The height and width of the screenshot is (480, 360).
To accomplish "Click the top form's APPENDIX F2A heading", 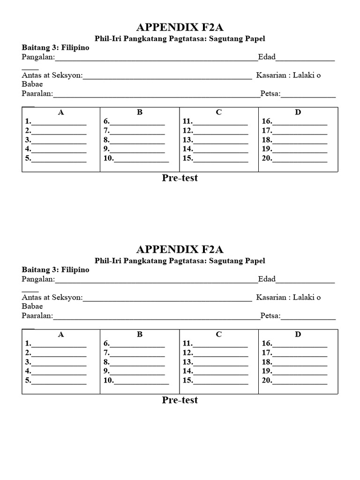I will click(x=180, y=27).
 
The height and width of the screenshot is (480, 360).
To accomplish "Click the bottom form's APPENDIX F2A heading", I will click(x=180, y=249).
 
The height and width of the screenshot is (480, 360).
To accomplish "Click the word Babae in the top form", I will click(x=32, y=84).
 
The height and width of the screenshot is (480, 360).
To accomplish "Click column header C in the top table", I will click(x=218, y=112).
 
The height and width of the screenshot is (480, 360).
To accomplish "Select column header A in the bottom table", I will click(x=60, y=334).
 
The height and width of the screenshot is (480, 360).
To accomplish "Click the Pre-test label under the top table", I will click(x=180, y=178).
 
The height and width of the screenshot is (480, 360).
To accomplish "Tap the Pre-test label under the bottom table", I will click(x=180, y=400).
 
